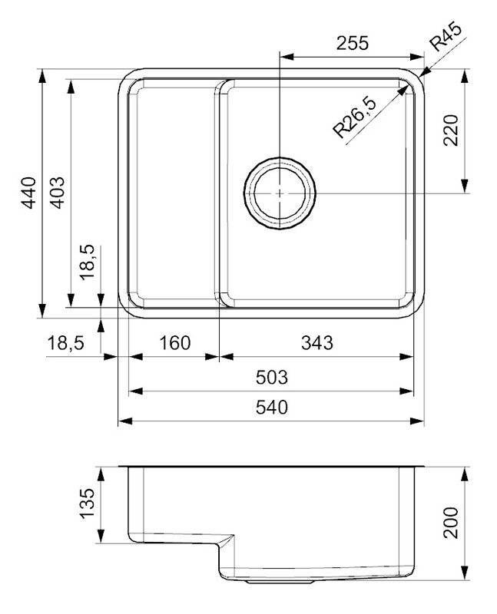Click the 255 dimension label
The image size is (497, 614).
(x=353, y=43)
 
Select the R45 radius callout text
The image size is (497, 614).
(x=446, y=37)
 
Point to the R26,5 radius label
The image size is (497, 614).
(x=354, y=117)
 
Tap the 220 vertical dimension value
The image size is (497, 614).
(x=451, y=130)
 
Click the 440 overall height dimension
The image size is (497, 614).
(x=28, y=193)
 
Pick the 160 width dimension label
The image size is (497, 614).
(x=175, y=343)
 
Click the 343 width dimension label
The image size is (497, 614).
(x=317, y=343)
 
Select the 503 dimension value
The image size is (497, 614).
(x=272, y=378)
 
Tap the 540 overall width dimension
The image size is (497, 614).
(x=272, y=408)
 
